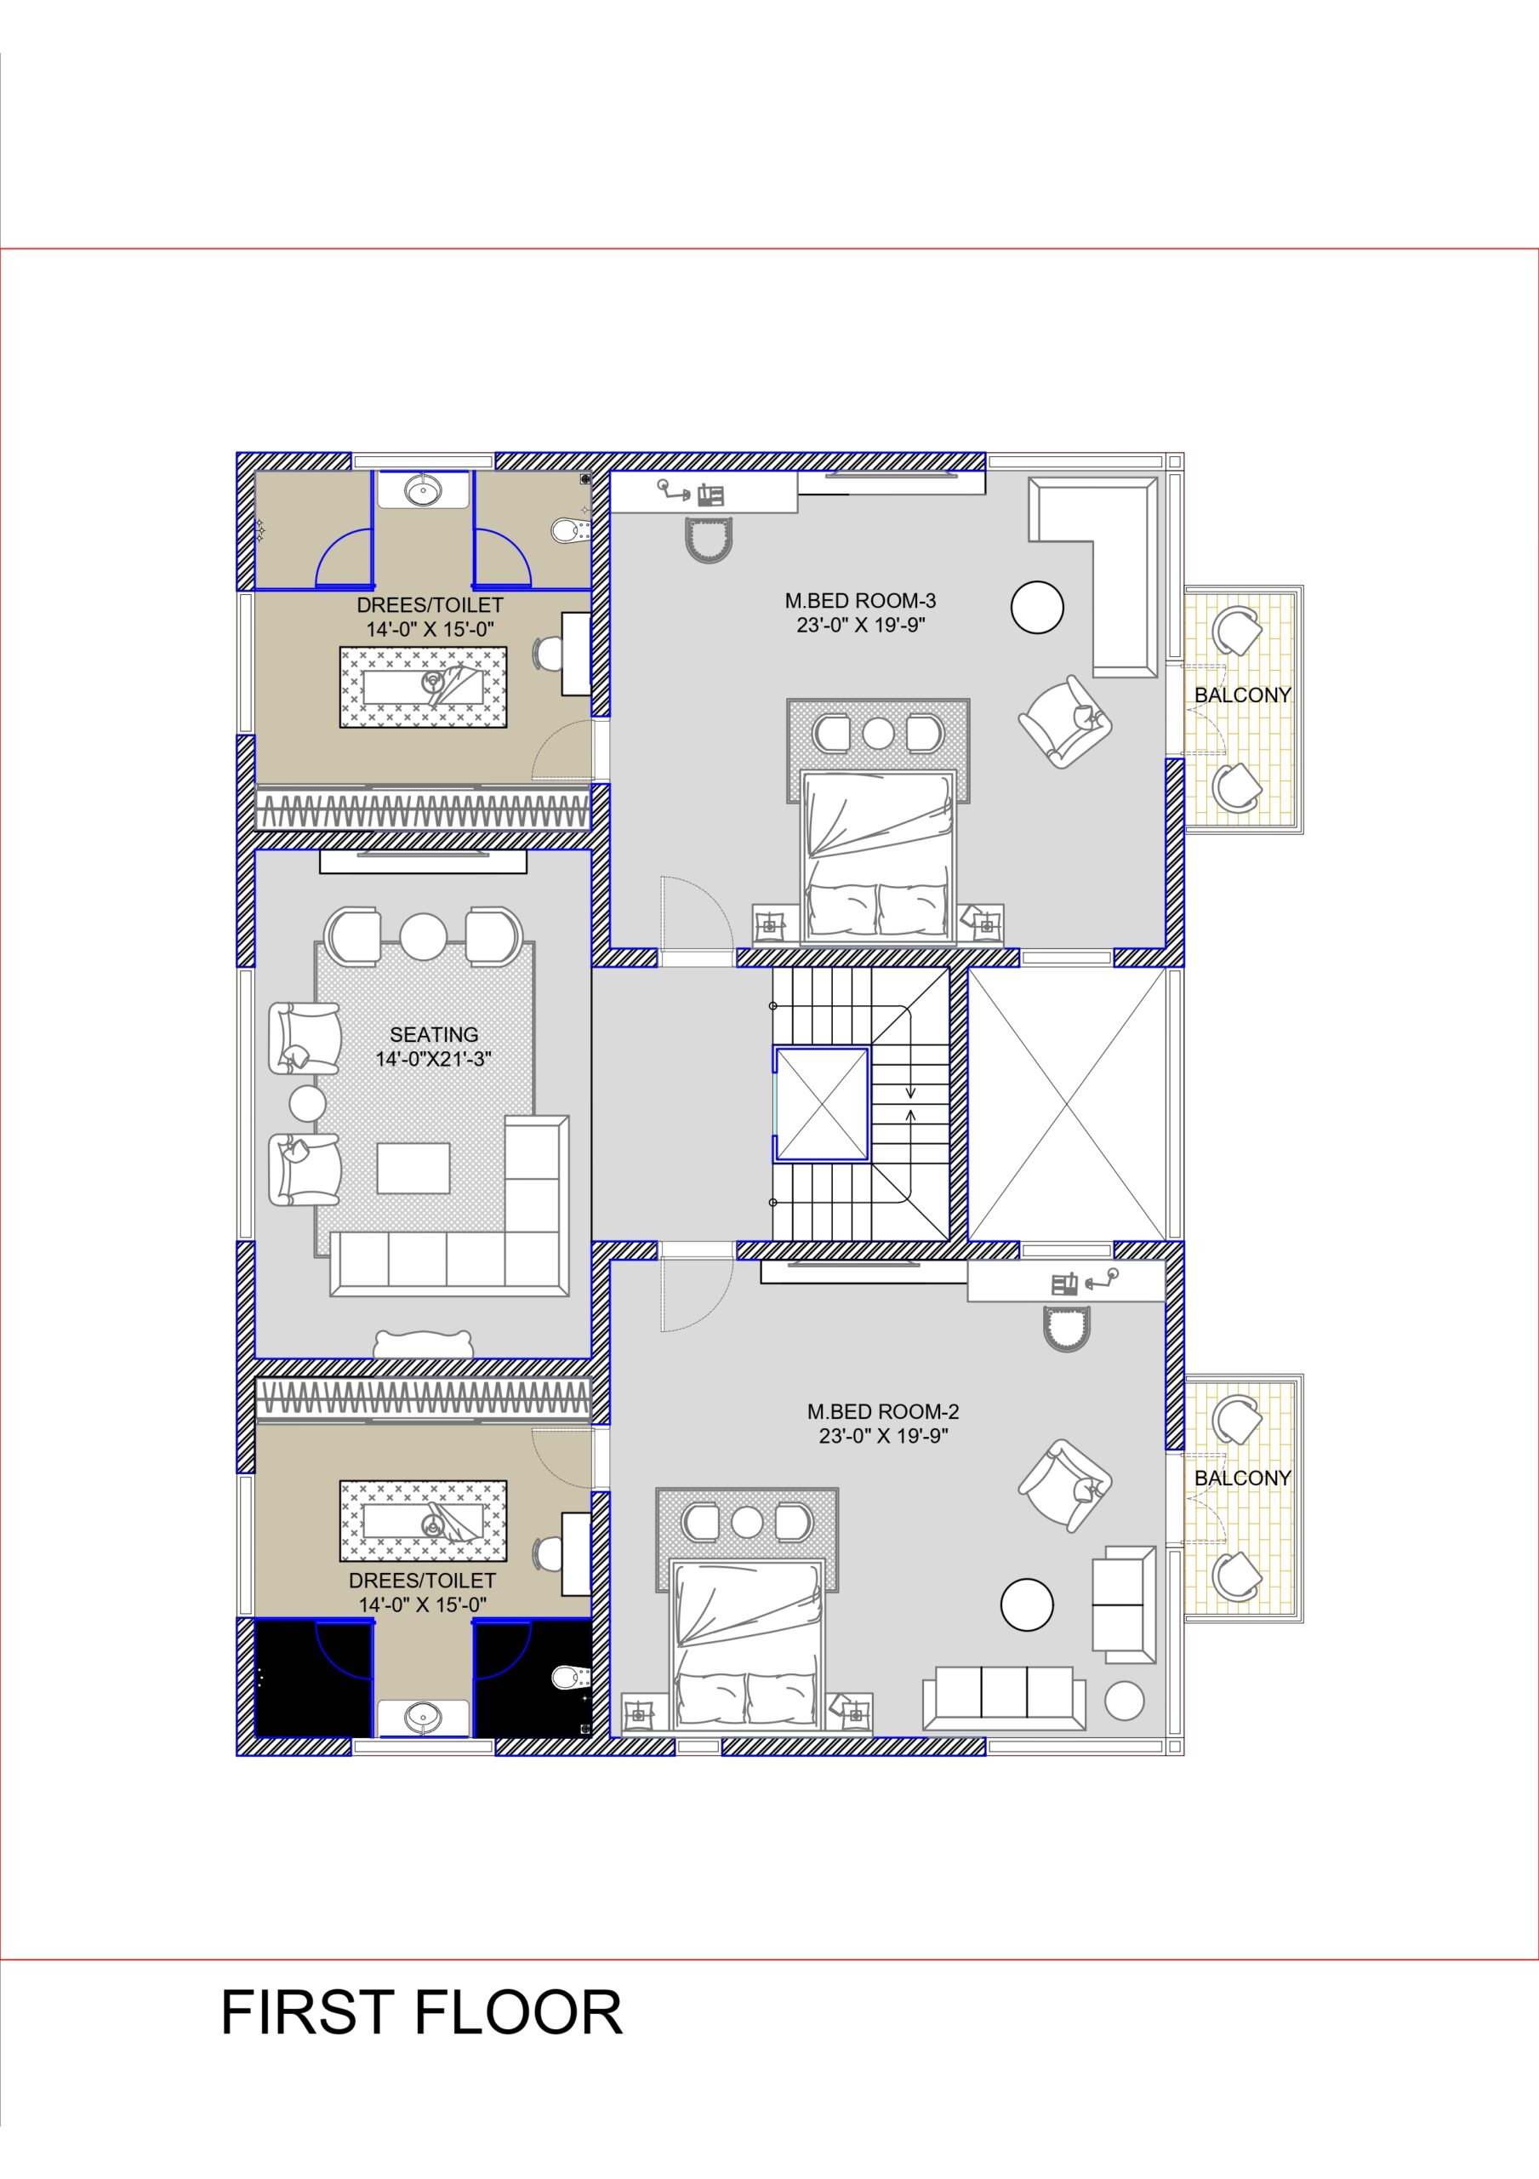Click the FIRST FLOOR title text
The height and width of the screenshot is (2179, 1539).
point(421,2012)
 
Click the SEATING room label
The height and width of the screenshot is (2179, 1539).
point(434,1034)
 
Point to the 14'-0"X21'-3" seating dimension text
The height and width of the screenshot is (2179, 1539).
point(434,1059)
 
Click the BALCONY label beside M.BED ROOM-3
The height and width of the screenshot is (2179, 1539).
point(1242,695)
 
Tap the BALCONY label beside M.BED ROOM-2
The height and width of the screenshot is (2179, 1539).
point(1242,1478)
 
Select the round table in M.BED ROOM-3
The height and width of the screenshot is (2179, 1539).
point(1037,606)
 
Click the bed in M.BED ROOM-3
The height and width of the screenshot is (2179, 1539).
point(878,859)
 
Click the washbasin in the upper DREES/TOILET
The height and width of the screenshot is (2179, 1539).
point(423,490)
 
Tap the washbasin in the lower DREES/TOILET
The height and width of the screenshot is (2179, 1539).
point(423,1716)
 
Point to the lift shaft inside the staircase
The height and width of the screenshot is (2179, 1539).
point(822,1104)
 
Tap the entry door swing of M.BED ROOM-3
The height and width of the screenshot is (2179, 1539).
point(698,911)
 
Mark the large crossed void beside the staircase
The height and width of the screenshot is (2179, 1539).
point(1067,1104)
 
